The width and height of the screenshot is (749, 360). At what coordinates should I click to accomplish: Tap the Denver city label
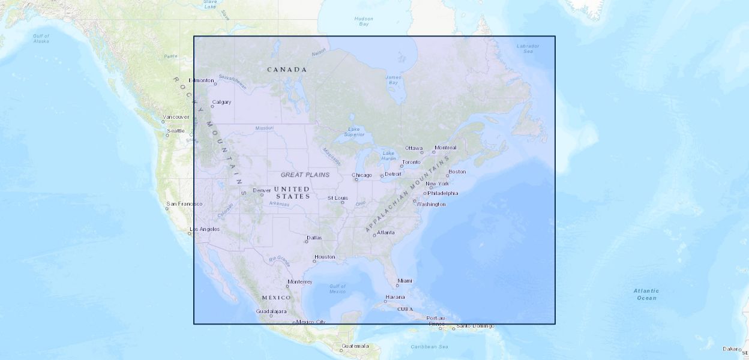[x=262, y=190]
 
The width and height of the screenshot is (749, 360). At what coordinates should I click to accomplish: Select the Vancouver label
[x=176, y=117]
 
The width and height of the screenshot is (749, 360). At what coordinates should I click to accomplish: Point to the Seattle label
[x=176, y=131]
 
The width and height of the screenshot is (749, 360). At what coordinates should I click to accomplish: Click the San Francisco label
[x=185, y=204]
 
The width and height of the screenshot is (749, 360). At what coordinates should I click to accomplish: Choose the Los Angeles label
[x=205, y=229]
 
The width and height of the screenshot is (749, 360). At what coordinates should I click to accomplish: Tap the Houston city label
[x=325, y=257]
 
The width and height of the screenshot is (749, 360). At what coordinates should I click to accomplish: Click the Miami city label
[x=405, y=281]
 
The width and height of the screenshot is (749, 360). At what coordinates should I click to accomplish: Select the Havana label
[x=395, y=297]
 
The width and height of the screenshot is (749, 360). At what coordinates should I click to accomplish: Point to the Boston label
[x=457, y=172]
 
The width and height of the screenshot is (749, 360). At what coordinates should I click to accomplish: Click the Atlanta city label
[x=386, y=232]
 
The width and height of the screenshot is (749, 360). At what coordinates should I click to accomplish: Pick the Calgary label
[x=221, y=102]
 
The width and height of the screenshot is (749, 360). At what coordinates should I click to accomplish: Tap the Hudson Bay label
[x=364, y=22]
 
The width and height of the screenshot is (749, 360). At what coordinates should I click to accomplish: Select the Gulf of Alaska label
[x=41, y=38]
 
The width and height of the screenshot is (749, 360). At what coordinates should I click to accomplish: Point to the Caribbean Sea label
[x=430, y=347]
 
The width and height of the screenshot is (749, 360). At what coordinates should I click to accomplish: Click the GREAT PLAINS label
[x=305, y=175]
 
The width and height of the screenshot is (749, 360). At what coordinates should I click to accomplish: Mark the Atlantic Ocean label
[x=646, y=294]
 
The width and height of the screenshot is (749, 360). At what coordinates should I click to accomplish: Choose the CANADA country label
[x=287, y=70]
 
